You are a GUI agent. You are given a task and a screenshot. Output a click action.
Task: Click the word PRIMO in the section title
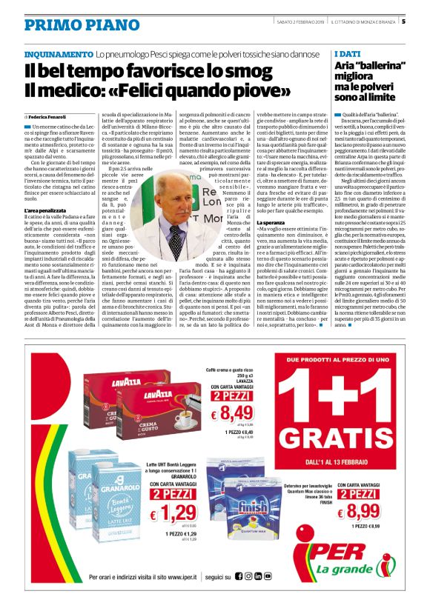click(x=52, y=25)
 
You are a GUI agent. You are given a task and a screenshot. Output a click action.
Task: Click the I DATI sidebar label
click(x=348, y=54)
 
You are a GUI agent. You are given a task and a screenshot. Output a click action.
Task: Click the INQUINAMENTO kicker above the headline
click(x=59, y=55)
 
